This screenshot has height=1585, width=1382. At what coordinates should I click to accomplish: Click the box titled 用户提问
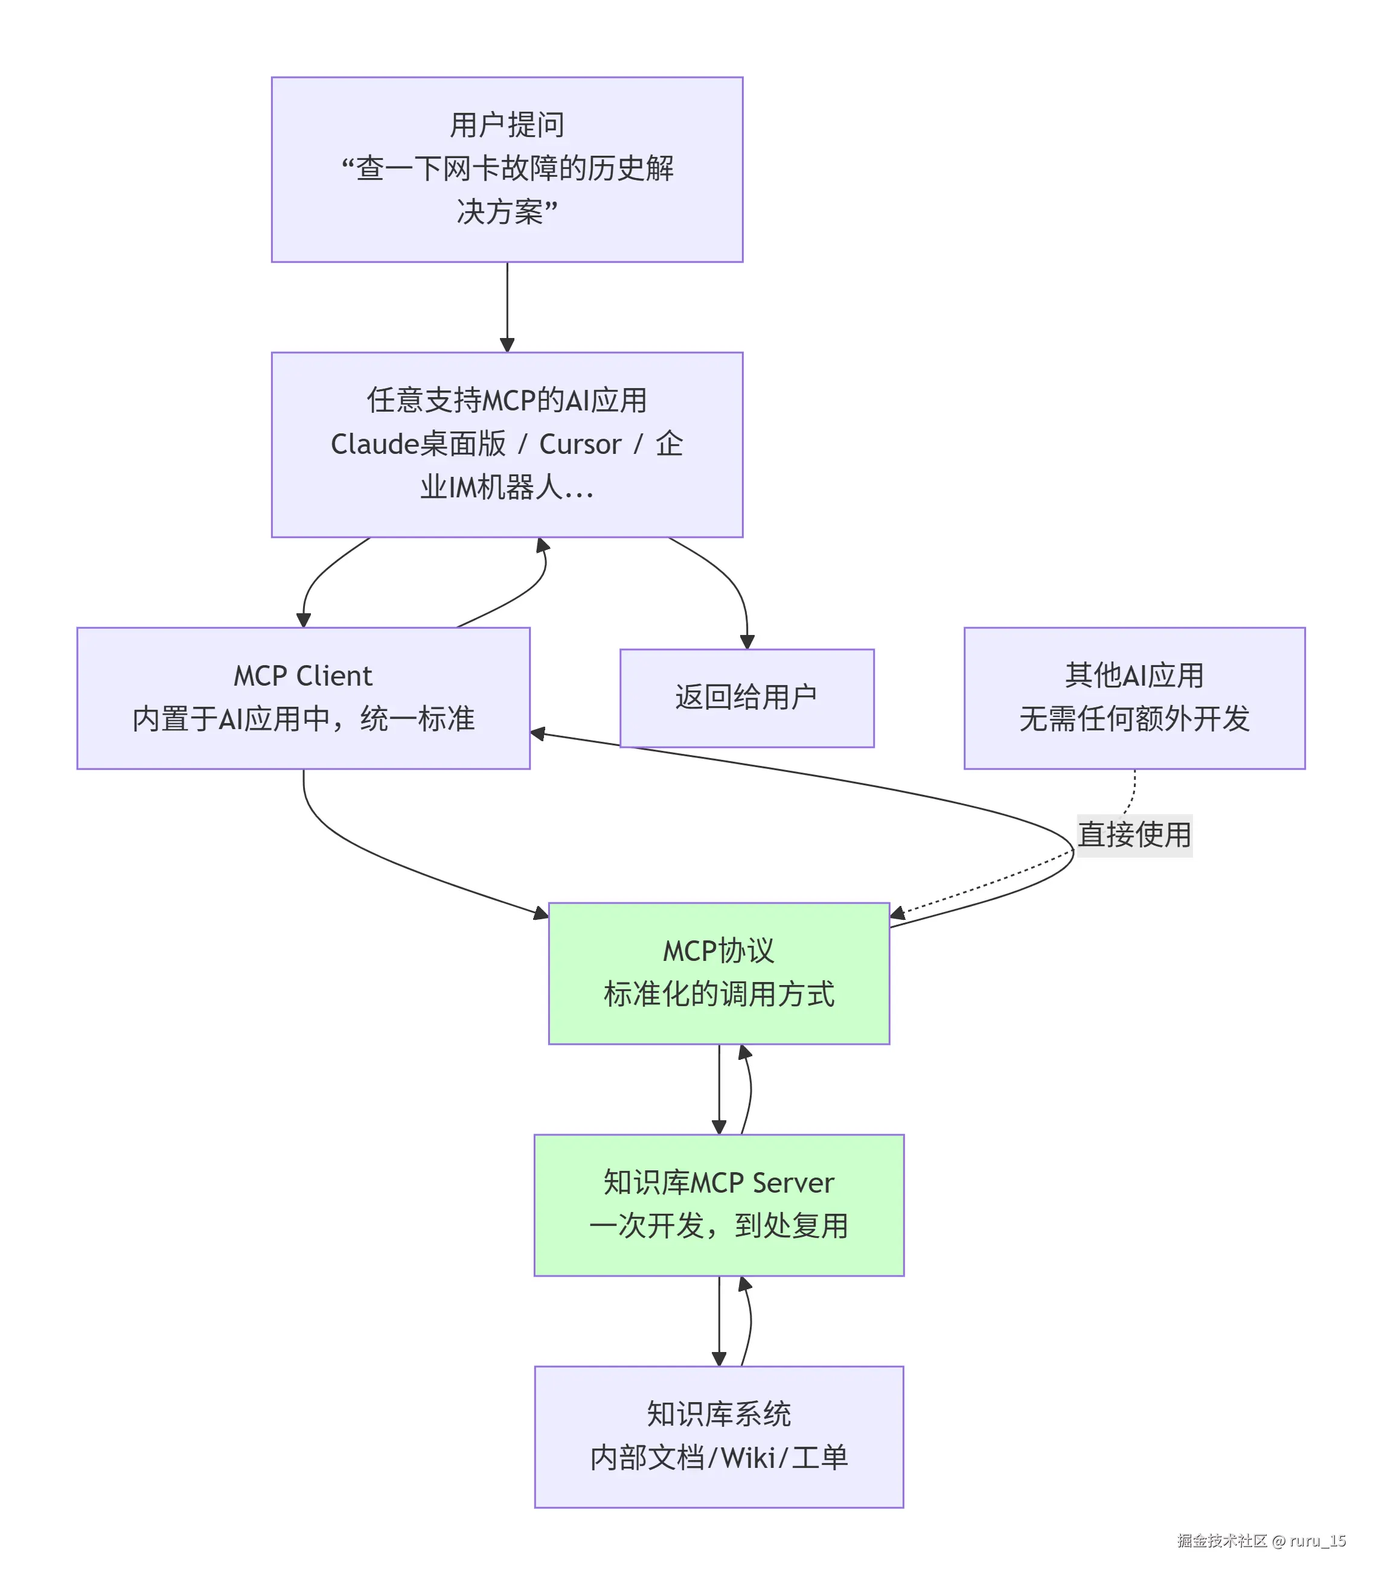[507, 169]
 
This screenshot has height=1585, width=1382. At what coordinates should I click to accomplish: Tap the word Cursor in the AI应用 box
[580, 445]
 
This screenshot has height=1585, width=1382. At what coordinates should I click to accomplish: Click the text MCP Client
[303, 676]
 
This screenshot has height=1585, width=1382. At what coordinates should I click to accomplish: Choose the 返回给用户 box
[746, 697]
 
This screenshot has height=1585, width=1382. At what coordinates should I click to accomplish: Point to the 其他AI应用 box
[1134, 697]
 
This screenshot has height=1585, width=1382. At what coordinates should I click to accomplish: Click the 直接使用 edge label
[1134, 835]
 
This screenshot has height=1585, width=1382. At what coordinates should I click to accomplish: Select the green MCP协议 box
[718, 973]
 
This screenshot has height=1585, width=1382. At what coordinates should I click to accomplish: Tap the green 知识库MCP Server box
[718, 1204]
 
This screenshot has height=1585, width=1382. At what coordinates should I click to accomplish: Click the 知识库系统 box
[718, 1436]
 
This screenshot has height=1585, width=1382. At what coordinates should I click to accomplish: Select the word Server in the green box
[793, 1182]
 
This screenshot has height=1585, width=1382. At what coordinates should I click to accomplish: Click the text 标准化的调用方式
[718, 995]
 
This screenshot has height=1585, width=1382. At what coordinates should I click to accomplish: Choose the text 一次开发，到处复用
[718, 1226]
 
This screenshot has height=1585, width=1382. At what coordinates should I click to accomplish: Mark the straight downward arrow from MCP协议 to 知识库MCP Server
[718, 1088]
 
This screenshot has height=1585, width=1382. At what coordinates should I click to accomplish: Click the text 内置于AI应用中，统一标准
[303, 719]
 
